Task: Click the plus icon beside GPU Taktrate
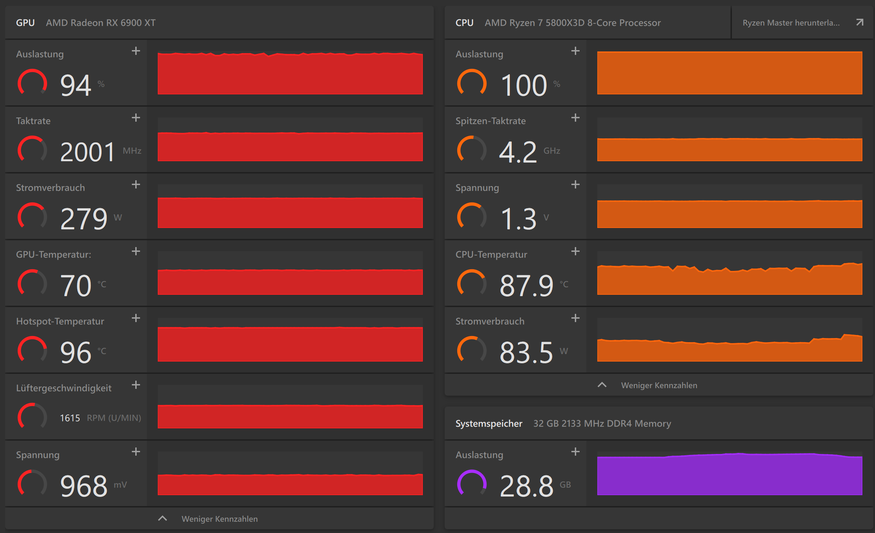tap(136, 118)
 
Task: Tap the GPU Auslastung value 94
tap(76, 85)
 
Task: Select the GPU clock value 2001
tap(87, 152)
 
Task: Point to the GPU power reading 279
tap(84, 219)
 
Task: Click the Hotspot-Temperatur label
tap(60, 321)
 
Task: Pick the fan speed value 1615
tap(70, 418)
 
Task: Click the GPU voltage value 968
tap(84, 486)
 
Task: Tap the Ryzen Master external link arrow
tap(859, 23)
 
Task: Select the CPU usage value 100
tap(524, 85)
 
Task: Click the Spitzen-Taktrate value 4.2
tap(518, 152)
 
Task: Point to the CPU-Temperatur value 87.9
tap(527, 286)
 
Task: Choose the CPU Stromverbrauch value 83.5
tap(526, 352)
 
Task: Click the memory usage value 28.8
tap(527, 486)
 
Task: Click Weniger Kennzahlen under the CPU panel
tap(659, 385)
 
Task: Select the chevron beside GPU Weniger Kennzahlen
tap(162, 518)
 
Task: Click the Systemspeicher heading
tap(489, 424)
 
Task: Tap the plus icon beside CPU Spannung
tap(575, 185)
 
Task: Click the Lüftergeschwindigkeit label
tap(64, 388)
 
